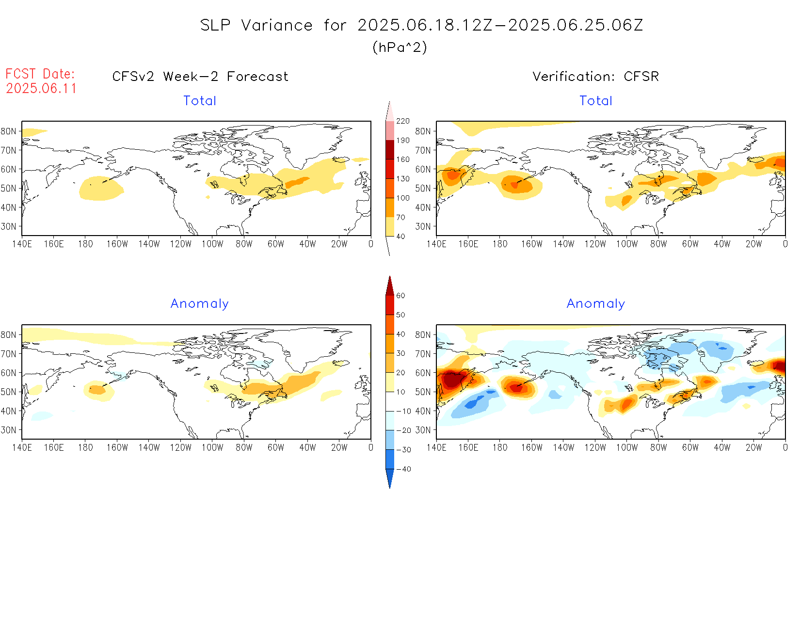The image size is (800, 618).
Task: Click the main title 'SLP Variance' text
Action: click(x=256, y=26)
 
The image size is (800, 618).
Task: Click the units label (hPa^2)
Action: click(x=400, y=48)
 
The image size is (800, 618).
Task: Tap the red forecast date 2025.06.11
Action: click(x=41, y=89)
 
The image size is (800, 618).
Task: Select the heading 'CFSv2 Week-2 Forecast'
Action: click(x=200, y=77)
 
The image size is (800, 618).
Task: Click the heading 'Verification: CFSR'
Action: click(x=595, y=77)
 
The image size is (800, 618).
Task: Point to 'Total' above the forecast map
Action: click(x=200, y=101)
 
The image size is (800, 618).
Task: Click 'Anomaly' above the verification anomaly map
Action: click(x=596, y=304)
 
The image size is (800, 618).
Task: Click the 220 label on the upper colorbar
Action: click(x=403, y=121)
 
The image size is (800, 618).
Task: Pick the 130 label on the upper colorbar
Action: click(x=403, y=179)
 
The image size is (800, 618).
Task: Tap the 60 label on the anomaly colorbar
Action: click(x=400, y=296)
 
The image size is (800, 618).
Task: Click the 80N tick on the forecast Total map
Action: click(x=9, y=131)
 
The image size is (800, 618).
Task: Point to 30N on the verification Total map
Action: click(x=423, y=226)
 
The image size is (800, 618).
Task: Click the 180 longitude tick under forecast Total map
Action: click(x=85, y=244)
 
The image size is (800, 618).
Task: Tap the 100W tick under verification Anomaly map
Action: click(x=626, y=448)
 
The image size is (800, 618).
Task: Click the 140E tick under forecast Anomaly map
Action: click(x=22, y=448)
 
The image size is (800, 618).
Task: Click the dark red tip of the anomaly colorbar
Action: click(x=390, y=286)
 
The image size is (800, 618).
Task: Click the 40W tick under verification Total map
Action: click(x=722, y=244)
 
